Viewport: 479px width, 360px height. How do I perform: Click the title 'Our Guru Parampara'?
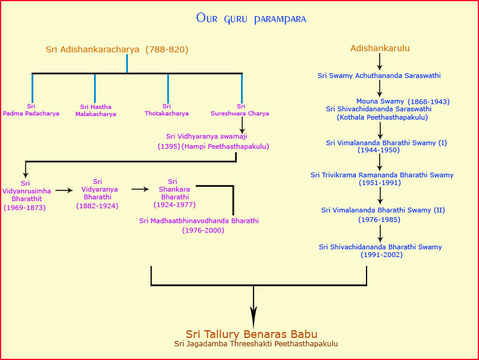pyautogui.click(x=251, y=18)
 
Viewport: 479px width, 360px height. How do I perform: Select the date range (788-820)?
pyautogui.click(x=167, y=49)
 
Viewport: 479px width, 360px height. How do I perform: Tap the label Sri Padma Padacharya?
pyautogui.click(x=31, y=110)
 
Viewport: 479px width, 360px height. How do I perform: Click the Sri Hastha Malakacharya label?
pyautogui.click(x=96, y=110)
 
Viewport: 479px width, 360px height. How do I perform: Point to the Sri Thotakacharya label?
pyautogui.click(x=167, y=110)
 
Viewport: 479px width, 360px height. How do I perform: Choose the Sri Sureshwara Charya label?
pyautogui.click(x=240, y=110)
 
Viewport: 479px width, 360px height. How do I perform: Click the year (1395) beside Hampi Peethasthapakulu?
pyautogui.click(x=169, y=146)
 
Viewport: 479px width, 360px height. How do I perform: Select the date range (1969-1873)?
pyautogui.click(x=25, y=208)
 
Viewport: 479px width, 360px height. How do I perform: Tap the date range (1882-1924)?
pyautogui.click(x=97, y=206)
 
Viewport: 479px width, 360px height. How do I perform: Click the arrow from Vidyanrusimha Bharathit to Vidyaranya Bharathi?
pyautogui.click(x=64, y=190)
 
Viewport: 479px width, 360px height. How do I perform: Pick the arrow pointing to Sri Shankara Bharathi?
pyautogui.click(x=140, y=189)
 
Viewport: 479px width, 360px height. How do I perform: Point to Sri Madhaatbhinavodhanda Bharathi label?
pyautogui.click(x=199, y=221)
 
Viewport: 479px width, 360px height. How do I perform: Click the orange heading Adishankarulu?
pyautogui.click(x=380, y=48)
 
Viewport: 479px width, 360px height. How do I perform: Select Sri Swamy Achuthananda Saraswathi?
pyautogui.click(x=379, y=76)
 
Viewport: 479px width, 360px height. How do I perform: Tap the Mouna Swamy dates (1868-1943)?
pyautogui.click(x=428, y=102)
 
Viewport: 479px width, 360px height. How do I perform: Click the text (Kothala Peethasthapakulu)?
pyautogui.click(x=382, y=117)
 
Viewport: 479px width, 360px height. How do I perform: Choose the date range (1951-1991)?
pyautogui.click(x=380, y=183)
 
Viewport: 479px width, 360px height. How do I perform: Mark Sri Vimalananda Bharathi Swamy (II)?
pyautogui.click(x=383, y=210)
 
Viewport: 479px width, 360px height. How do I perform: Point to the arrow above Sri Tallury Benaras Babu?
pyautogui.click(x=253, y=307)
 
